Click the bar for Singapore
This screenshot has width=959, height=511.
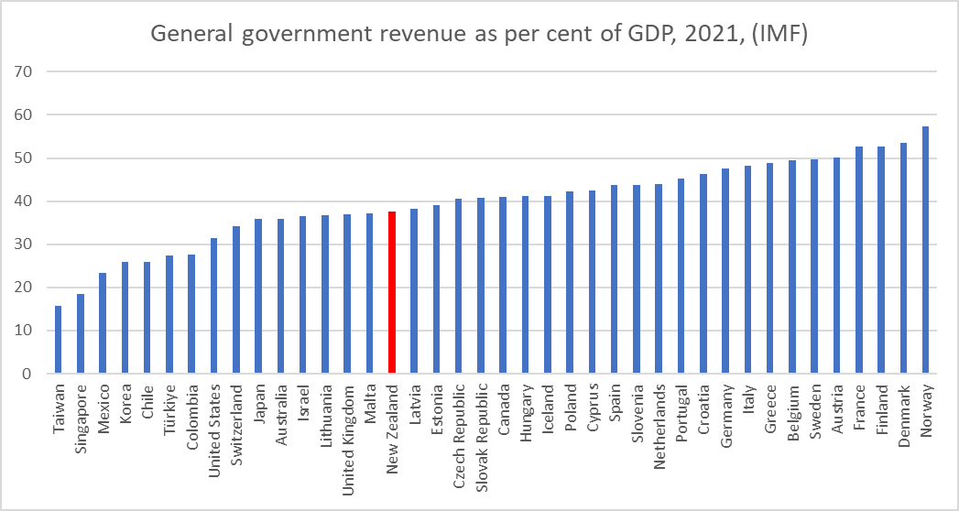click(x=81, y=333)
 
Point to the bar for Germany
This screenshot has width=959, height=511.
click(x=725, y=271)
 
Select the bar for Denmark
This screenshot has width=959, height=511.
click(x=903, y=258)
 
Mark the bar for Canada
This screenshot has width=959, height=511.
click(x=503, y=286)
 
